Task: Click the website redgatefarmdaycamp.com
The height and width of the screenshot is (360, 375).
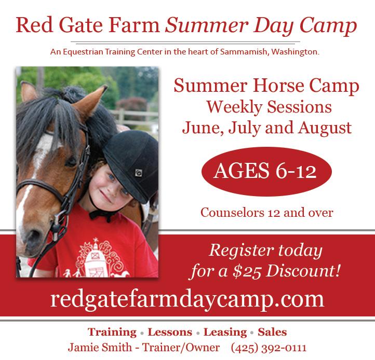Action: point(187,300)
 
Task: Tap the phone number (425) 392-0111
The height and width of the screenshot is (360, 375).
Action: point(269,348)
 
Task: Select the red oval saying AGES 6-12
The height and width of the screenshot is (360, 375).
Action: point(266,172)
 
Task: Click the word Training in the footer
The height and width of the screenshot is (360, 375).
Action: point(112,333)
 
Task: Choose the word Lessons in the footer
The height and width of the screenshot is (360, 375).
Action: point(170,333)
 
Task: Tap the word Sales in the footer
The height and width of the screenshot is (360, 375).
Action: point(272,333)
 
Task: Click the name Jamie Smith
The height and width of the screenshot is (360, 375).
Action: point(100,348)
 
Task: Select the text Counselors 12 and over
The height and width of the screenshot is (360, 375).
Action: point(266,213)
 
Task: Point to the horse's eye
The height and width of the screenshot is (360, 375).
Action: point(71,162)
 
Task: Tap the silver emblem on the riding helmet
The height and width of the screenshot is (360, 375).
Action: point(139,172)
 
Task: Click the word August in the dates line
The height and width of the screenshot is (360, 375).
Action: point(325,128)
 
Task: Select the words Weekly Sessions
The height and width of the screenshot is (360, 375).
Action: point(269,107)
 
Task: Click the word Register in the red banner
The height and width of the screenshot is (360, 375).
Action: point(242,251)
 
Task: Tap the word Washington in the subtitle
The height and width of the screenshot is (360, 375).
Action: point(296,51)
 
